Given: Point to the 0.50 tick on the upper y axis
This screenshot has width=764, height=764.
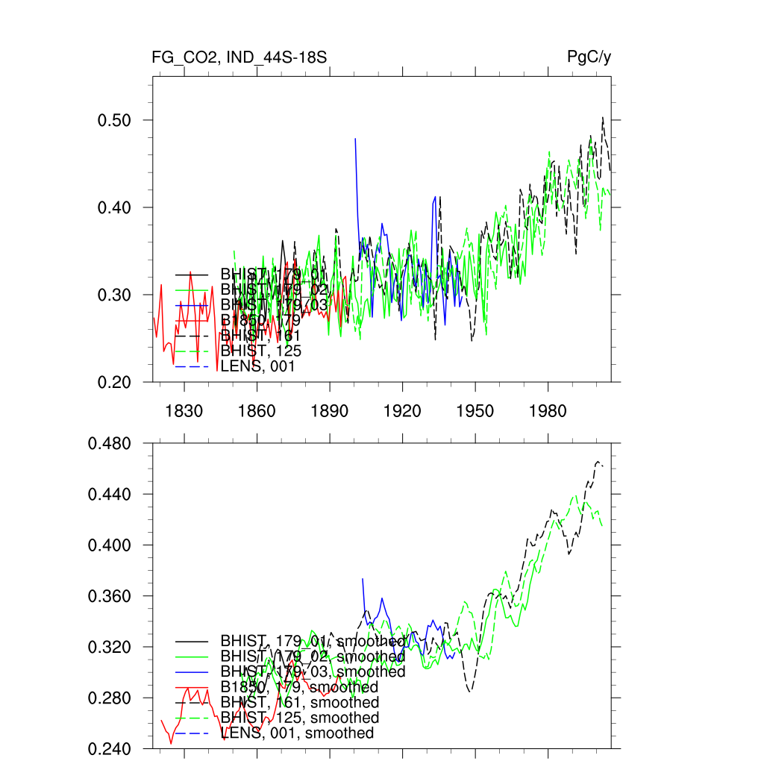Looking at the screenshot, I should [115, 120].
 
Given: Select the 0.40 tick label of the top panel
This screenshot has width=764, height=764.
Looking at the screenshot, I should [115, 207].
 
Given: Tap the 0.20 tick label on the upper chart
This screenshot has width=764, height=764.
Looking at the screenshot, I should [115, 382].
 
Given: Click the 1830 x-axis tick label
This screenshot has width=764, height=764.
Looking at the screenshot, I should [184, 412].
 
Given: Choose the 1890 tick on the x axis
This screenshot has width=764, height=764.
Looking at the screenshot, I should [330, 412].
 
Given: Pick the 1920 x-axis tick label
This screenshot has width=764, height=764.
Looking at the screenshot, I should [402, 412].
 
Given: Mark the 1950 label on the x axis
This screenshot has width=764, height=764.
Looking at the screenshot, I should [475, 412].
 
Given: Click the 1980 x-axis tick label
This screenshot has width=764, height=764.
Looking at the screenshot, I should [548, 412].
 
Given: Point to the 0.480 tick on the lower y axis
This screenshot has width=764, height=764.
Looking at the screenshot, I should [110, 444].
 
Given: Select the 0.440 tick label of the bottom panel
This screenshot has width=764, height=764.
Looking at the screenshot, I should [110, 495].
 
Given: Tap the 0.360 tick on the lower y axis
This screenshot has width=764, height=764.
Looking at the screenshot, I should [110, 597].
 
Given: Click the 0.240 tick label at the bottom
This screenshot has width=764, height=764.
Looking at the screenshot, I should [110, 748].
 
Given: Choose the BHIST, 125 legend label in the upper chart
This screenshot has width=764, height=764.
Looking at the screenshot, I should [260, 351].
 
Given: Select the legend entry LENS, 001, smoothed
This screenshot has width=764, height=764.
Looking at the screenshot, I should [296, 733].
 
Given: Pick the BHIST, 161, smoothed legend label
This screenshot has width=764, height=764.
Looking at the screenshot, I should [299, 703].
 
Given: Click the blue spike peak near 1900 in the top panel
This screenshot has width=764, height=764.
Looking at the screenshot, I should [355, 139].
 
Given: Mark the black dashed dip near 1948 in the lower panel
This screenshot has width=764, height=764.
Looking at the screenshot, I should [470, 691].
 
